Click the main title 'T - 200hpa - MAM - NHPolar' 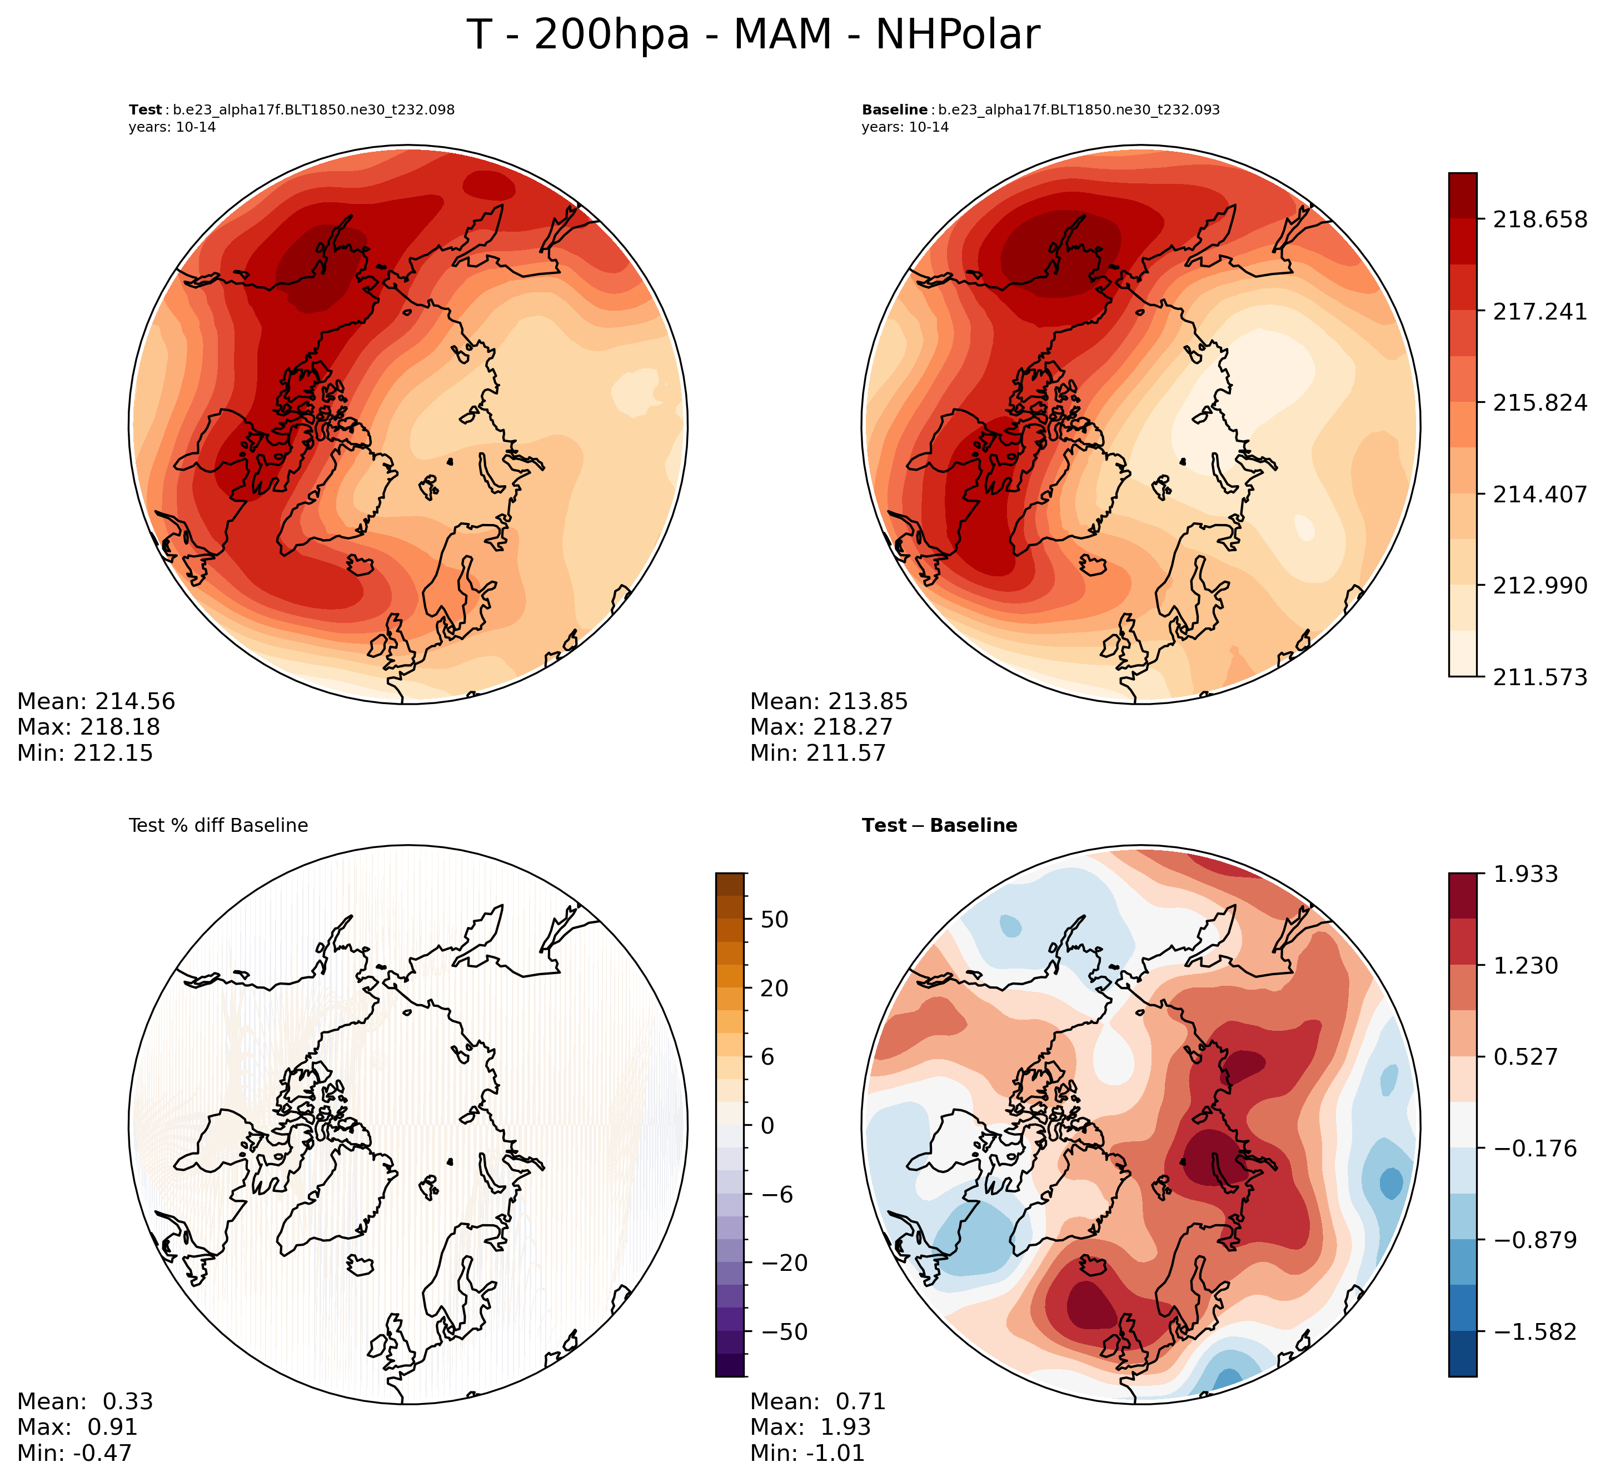(x=752, y=36)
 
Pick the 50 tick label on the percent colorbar (x=775, y=919)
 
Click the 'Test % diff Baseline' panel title (x=218, y=825)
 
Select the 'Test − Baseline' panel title (x=939, y=825)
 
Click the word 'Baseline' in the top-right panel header (x=894, y=110)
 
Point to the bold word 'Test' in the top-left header (x=145, y=110)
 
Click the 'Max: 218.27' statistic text (x=820, y=727)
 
